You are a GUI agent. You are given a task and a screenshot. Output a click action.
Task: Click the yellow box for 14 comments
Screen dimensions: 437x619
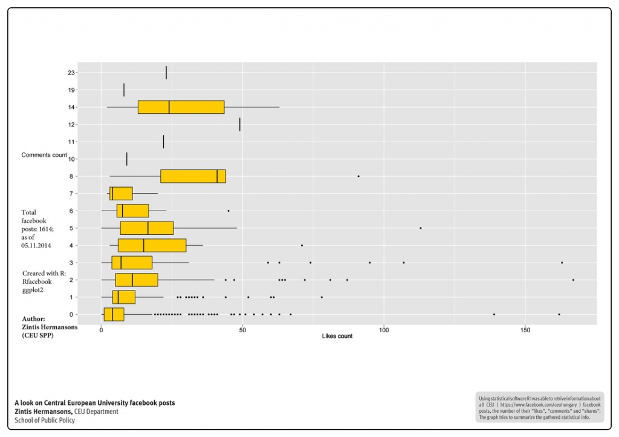click(x=181, y=107)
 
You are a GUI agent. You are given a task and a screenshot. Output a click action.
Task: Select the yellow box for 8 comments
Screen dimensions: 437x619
click(x=193, y=176)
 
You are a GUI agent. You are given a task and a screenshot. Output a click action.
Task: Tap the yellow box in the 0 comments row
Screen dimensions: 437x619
click(x=114, y=314)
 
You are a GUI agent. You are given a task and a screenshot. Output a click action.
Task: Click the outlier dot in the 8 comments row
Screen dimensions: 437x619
click(x=358, y=176)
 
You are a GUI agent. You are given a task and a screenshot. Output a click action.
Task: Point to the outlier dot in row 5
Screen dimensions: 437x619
click(x=421, y=228)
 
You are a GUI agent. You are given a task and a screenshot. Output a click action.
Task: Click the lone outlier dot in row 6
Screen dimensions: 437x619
click(x=228, y=211)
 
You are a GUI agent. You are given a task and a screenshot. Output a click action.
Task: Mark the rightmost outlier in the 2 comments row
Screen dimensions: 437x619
click(x=573, y=280)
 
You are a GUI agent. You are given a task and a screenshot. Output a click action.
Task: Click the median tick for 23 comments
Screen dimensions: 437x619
click(x=166, y=73)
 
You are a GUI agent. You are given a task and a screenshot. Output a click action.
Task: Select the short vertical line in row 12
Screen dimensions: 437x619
click(x=240, y=124)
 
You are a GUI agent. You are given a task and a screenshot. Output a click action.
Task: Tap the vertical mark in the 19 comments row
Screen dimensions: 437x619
click(x=124, y=90)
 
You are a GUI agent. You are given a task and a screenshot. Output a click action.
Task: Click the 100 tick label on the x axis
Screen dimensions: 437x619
click(x=383, y=330)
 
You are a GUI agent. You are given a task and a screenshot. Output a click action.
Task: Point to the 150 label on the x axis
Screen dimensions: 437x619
click(x=525, y=330)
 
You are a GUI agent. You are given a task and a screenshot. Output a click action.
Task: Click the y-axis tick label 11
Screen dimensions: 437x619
click(x=71, y=142)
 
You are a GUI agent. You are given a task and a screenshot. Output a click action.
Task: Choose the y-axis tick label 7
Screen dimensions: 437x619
click(x=71, y=194)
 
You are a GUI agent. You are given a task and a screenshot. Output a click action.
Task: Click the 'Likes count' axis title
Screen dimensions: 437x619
click(x=337, y=336)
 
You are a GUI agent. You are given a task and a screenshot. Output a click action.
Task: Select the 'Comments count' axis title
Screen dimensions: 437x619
click(x=44, y=155)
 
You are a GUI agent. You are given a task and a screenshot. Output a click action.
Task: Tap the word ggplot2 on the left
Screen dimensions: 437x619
click(x=34, y=291)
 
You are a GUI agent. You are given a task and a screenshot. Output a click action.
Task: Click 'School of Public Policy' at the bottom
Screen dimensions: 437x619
click(x=45, y=420)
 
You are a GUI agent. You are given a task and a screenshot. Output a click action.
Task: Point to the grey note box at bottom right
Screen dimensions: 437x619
click(x=540, y=407)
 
